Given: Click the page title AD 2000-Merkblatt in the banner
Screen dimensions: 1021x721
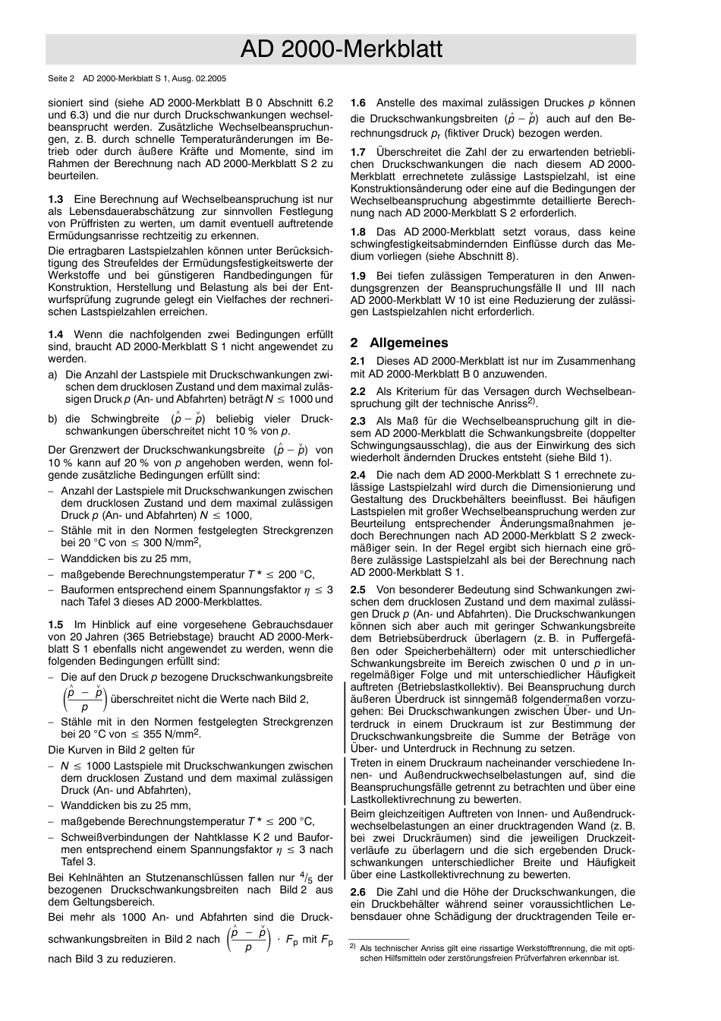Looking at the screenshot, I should tap(341, 49).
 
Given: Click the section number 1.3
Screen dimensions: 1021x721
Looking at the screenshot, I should tap(55, 199).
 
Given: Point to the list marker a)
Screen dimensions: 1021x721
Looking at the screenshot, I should tap(52, 375).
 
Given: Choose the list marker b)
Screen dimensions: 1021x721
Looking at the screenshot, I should tap(52, 419).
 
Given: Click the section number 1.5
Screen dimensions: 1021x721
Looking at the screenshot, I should tap(55, 624).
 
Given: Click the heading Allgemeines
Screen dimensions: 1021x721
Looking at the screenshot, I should tap(408, 343).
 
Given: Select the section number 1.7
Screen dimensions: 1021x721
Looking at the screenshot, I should tap(358, 152).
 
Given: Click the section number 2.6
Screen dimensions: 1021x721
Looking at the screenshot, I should tap(358, 892).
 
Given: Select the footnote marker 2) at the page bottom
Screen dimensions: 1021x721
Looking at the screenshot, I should tap(352, 947).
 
